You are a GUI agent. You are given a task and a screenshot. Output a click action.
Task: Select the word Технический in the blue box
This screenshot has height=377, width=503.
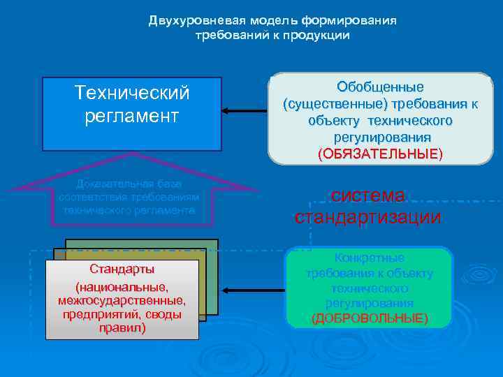pos(132,92)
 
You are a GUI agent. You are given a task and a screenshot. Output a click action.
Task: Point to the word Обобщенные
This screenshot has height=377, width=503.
pos(380,88)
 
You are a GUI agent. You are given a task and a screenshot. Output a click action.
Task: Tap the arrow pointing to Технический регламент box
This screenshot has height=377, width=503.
pos(245,110)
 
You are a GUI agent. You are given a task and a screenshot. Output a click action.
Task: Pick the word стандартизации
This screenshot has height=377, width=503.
pos(367,217)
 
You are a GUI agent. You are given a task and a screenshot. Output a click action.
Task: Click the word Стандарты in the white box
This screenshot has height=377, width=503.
pos(122,269)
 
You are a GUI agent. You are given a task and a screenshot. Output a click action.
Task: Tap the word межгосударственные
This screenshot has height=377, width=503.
pos(122,300)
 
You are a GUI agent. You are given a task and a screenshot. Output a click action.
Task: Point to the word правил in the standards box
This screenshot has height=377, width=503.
pos(122,327)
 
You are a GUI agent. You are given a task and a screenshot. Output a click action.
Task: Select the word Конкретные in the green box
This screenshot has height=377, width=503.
pos(370,258)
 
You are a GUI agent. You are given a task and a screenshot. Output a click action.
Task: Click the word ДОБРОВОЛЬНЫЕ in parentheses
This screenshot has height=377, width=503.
pos(370,318)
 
